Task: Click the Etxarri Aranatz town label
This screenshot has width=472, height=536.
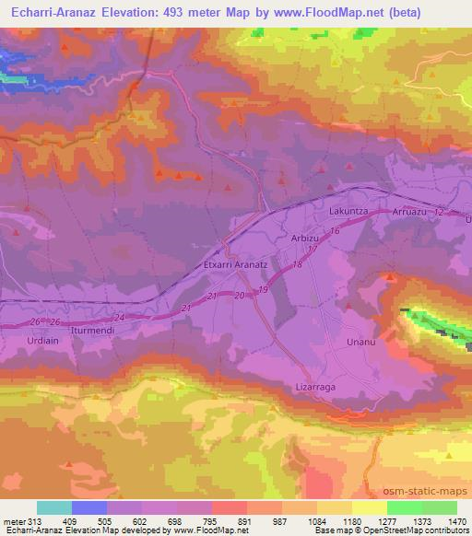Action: (x=234, y=263)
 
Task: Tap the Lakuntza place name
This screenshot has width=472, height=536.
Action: (x=348, y=211)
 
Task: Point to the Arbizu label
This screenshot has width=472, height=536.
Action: (x=306, y=237)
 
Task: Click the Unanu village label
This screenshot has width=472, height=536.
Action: (x=360, y=343)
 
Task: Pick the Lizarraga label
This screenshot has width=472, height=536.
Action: (x=315, y=387)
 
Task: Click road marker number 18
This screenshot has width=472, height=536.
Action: (x=296, y=265)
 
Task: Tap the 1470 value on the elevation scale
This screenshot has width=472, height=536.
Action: (x=458, y=522)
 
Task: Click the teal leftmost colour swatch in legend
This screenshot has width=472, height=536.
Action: (x=54, y=507)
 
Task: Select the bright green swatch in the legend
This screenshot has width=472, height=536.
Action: (x=405, y=507)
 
